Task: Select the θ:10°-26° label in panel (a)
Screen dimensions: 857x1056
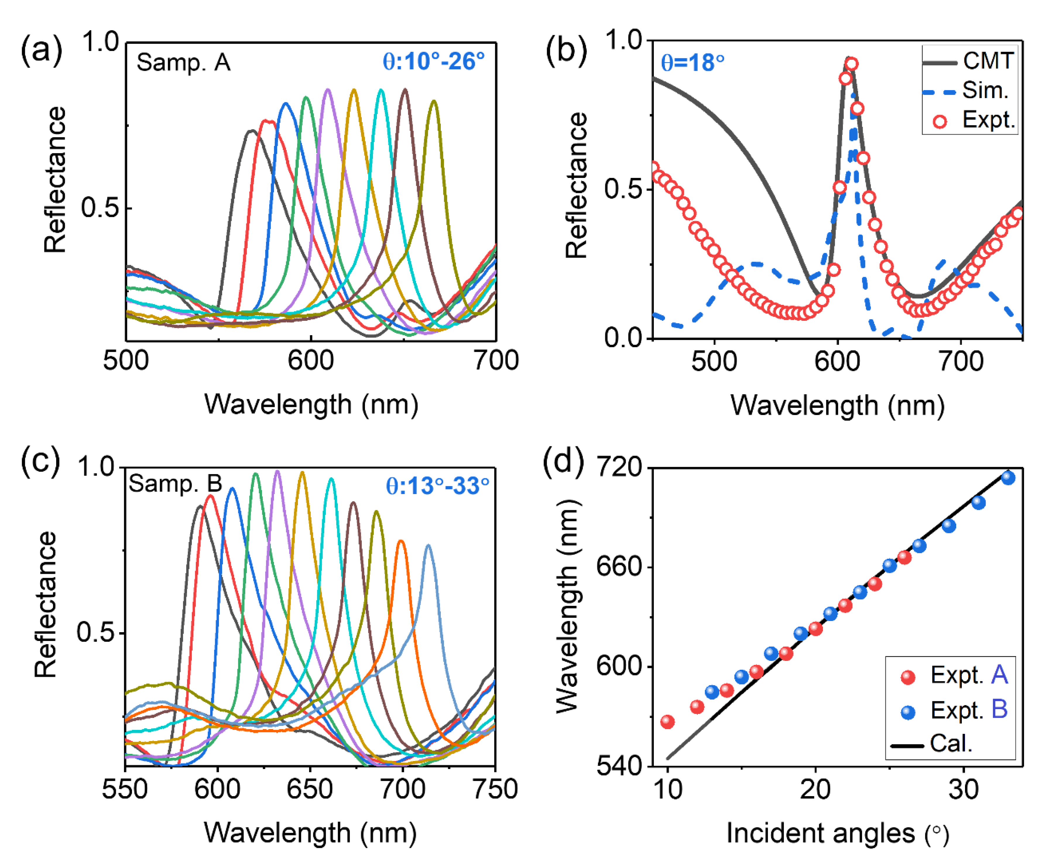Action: [x=433, y=62]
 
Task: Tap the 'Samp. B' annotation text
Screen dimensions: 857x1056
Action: [x=175, y=484]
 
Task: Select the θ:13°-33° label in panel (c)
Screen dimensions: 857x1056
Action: [x=437, y=486]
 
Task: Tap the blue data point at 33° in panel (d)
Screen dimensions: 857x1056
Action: [x=1008, y=477]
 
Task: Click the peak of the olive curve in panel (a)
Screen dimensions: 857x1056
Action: [x=433, y=102]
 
